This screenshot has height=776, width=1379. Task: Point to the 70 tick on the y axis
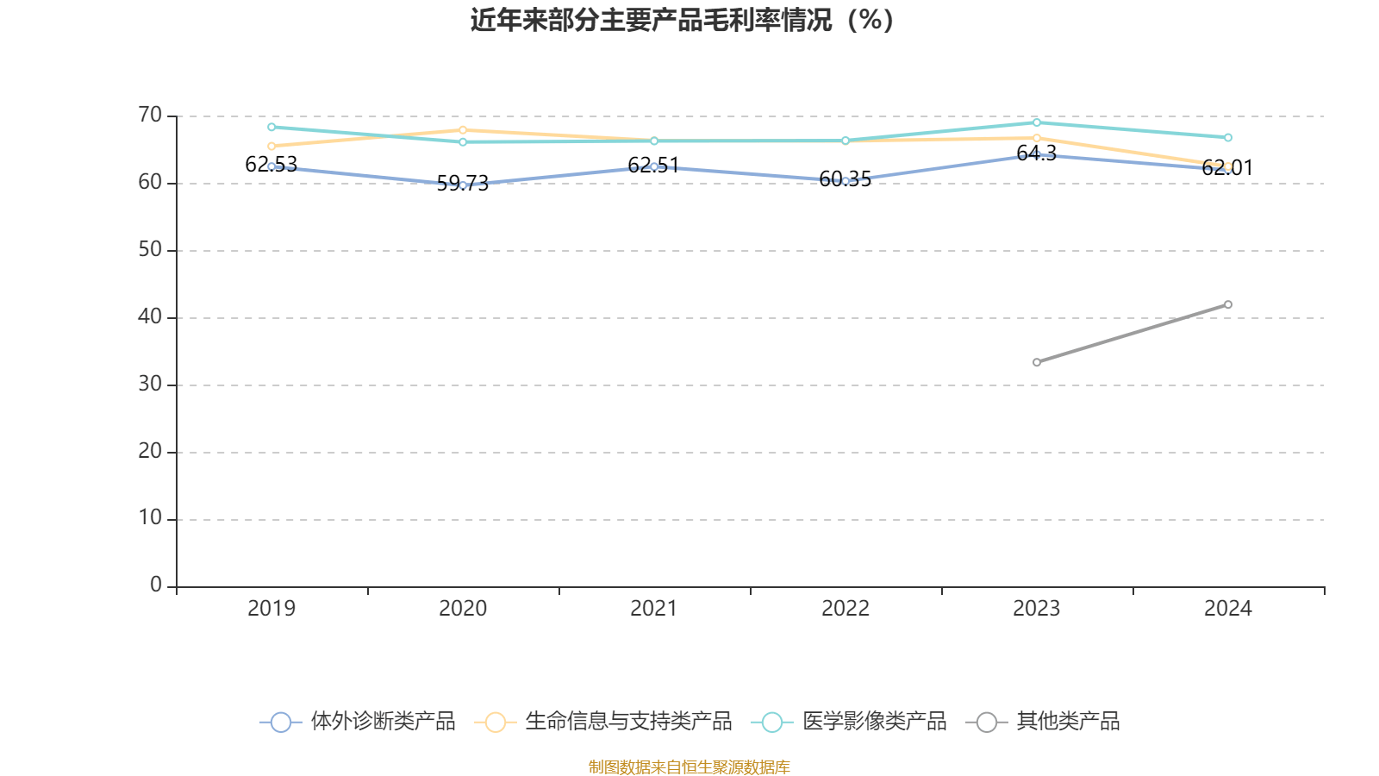(150, 115)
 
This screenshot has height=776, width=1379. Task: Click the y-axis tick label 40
(150, 316)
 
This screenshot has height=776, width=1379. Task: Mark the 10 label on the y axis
(150, 518)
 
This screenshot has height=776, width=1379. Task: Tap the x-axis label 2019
(271, 609)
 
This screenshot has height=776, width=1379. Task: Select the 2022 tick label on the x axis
(845, 609)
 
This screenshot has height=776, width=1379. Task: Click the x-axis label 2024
(1227, 609)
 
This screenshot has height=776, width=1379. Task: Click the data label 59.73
(463, 183)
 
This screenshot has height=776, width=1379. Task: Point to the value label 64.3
(1036, 153)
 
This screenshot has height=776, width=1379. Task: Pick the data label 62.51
(653, 165)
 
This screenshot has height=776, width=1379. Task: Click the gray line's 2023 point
(1037, 362)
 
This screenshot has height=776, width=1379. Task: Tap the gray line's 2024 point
(1228, 304)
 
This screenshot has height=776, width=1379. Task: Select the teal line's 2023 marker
(1037, 122)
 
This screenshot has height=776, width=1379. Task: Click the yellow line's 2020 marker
(463, 130)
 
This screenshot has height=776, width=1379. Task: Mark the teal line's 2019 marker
(271, 127)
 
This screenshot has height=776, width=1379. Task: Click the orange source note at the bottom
(689, 767)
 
